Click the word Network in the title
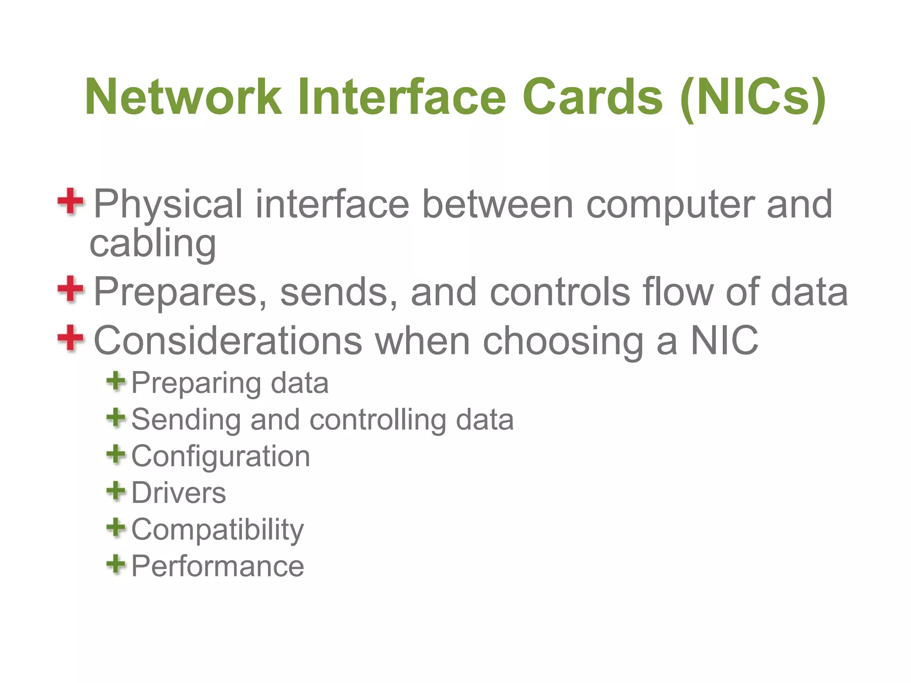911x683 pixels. [183, 96]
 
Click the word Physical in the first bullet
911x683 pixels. [168, 205]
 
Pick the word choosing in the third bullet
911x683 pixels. [563, 341]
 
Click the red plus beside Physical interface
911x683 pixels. [70, 201]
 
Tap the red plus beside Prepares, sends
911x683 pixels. [70, 289]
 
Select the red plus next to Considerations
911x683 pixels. [70, 338]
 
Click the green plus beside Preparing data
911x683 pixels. [116, 381]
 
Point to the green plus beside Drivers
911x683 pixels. [116, 491]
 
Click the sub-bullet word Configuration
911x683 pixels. [221, 457]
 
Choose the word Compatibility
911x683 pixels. [218, 530]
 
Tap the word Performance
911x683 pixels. [218, 566]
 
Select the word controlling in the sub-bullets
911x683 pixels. [377, 420]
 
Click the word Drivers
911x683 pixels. [179, 493]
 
